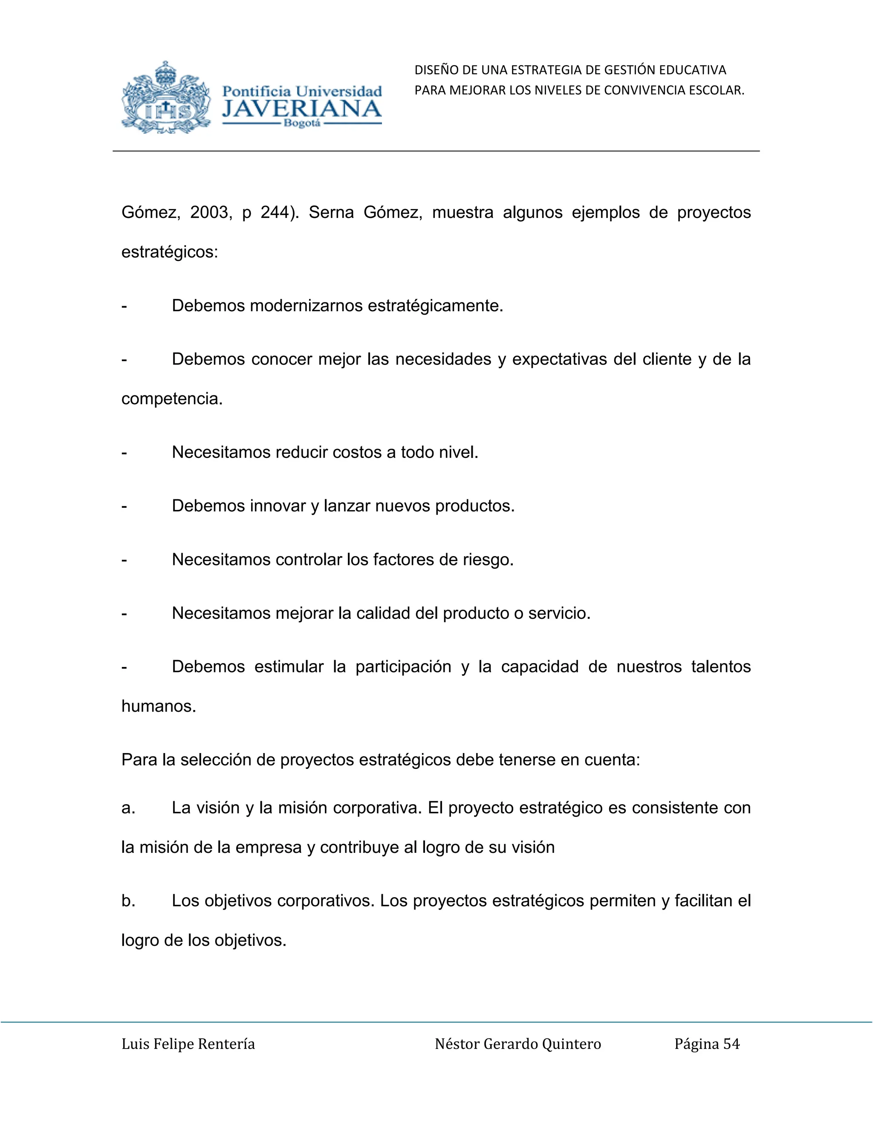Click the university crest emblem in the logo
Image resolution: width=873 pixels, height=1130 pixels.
click(x=166, y=99)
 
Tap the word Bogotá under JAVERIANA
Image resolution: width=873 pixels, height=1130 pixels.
click(x=302, y=124)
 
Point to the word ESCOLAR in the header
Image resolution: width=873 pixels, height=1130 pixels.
click(x=721, y=90)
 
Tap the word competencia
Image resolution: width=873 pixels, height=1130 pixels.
click(x=171, y=399)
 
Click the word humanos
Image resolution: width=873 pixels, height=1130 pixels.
click(x=158, y=706)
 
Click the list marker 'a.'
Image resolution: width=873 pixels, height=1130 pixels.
click(x=128, y=808)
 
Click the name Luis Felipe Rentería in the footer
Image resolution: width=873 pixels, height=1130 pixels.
click(x=188, y=1044)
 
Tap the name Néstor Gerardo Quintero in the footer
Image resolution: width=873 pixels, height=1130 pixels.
click(x=517, y=1044)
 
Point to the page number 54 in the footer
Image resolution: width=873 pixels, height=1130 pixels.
click(x=731, y=1044)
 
